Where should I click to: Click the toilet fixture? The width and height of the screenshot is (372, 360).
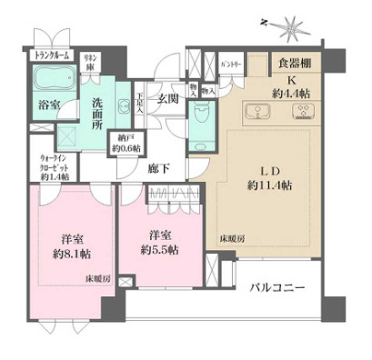tap(201, 115)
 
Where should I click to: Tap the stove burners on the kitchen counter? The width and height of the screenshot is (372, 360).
tap(299, 113)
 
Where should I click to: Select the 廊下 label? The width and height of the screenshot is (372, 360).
tap(160, 168)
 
